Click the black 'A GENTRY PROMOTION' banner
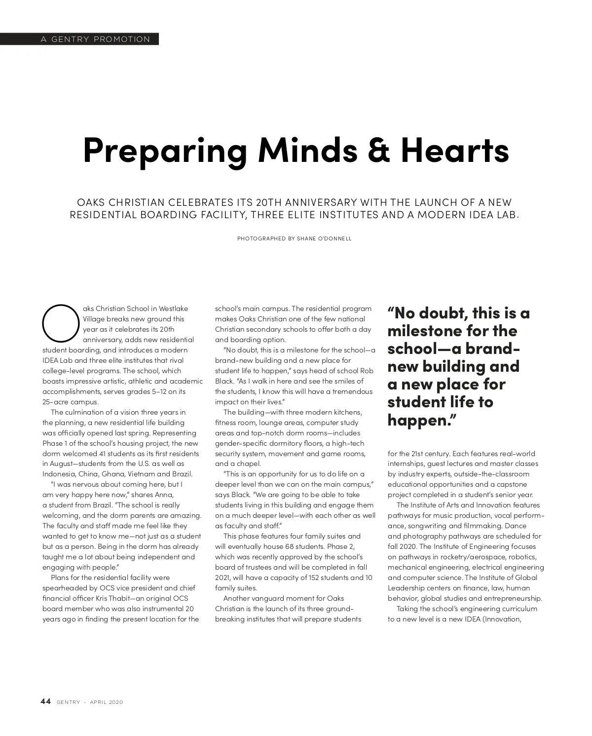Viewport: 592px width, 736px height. pyautogui.click(x=79, y=39)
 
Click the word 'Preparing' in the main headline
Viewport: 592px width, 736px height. pyautogui.click(x=165, y=150)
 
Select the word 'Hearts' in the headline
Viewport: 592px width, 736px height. pyautogui.click(x=455, y=150)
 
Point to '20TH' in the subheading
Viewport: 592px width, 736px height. pyautogui.click(x=269, y=202)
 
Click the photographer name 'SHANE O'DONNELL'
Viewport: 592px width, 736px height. pyautogui.click(x=324, y=238)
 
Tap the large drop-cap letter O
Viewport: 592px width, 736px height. pyautogui.click(x=61, y=323)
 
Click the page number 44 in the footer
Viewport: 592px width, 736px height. pyautogui.click(x=45, y=701)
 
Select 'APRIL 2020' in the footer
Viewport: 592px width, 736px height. pyautogui.click(x=107, y=702)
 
